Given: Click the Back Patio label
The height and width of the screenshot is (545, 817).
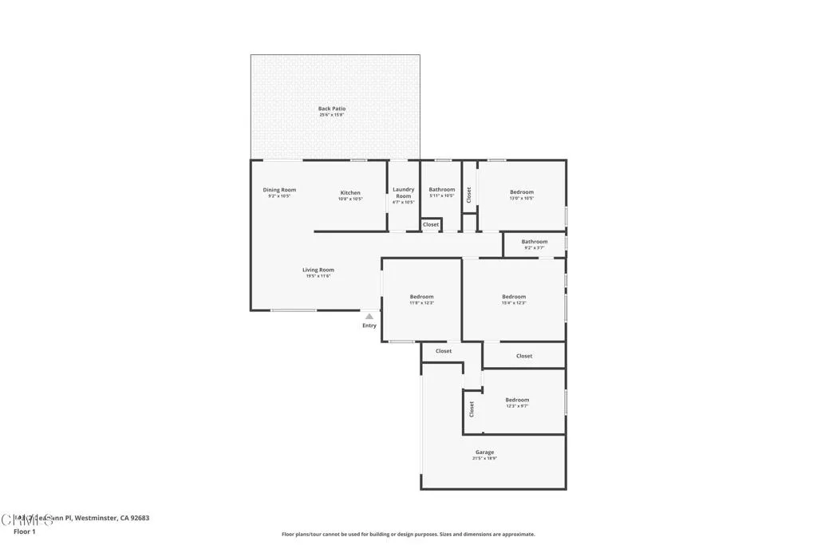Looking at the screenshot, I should click(332, 109).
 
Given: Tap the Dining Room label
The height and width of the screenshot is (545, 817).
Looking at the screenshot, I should click(279, 190).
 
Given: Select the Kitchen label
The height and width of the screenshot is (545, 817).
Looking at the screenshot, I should click(350, 192).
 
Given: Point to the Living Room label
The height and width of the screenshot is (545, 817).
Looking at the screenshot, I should click(318, 270).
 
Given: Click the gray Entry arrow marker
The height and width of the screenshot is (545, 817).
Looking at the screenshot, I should click(369, 317).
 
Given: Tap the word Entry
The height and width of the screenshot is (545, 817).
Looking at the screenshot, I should click(369, 326).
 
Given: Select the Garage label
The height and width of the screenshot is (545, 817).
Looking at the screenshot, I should click(484, 452).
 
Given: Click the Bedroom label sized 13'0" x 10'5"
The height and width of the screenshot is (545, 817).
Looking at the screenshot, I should click(522, 192).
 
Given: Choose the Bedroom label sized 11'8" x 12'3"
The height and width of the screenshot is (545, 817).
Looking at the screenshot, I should click(421, 297).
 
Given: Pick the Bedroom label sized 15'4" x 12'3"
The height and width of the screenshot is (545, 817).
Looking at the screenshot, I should click(514, 297).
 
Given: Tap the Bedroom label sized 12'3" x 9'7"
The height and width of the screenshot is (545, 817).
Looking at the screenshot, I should click(517, 400).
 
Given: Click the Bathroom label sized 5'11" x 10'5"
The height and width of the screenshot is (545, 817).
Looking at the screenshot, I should click(441, 190).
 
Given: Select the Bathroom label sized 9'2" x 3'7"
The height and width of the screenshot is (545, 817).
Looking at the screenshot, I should click(535, 242).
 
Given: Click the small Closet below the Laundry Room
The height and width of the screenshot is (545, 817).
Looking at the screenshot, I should click(431, 225).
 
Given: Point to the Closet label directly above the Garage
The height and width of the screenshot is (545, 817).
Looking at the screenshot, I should click(444, 351).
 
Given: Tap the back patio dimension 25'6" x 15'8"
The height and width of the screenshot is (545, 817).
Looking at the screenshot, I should click(332, 115).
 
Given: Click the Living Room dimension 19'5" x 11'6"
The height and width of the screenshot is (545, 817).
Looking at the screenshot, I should click(318, 276).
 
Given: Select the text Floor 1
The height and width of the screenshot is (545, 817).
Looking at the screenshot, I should click(25, 531).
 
